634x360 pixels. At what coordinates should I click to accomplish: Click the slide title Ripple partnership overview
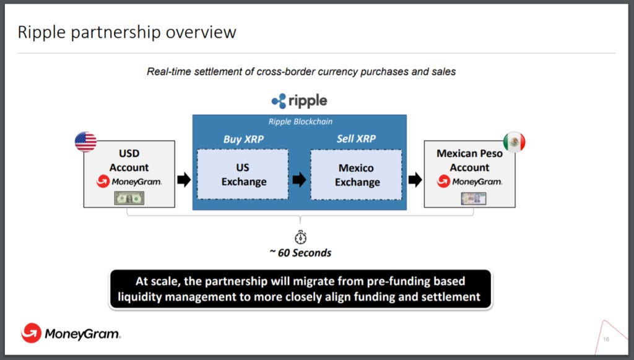coord(127,32)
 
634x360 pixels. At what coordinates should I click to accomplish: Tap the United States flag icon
coord(85,142)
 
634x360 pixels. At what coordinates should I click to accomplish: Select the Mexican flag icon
coord(514,142)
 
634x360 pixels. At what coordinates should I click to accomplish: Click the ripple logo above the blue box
coord(299,101)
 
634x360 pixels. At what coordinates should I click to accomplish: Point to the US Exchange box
coord(243,174)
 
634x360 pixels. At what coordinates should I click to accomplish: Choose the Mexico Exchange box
coord(356,175)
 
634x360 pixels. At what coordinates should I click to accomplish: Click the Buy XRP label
coord(243,139)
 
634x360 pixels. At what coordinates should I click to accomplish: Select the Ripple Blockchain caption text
coord(300,122)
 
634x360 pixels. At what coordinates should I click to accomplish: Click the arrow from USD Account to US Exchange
coord(184,180)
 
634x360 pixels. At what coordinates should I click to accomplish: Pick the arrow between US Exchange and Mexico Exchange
coord(299,180)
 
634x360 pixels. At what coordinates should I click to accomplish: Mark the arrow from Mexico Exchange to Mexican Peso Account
coord(415,180)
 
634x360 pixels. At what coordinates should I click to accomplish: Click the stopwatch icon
coord(300,237)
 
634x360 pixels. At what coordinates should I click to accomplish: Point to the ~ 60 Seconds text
coord(300,253)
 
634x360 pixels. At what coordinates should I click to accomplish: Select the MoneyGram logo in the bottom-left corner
coord(71,334)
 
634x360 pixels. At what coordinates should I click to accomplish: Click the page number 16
coord(606,339)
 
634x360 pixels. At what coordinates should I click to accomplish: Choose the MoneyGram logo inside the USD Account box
coord(129,182)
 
